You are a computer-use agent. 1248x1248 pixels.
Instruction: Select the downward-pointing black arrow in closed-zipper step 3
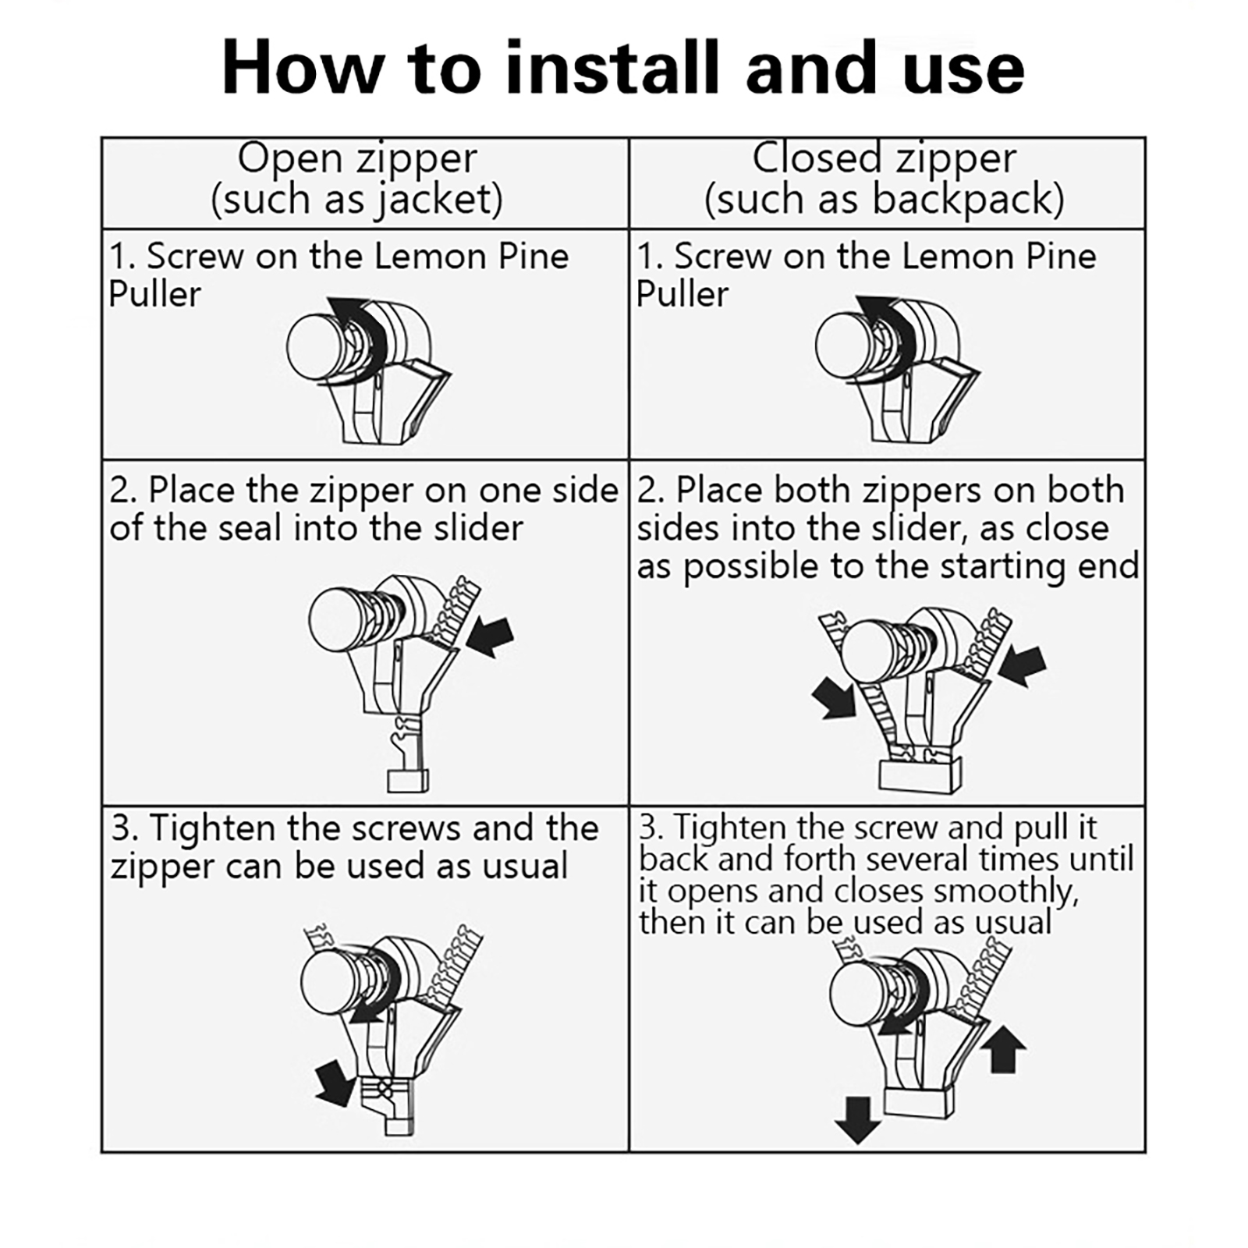click(857, 1120)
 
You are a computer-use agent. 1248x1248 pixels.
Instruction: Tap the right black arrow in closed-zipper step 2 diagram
click(1022, 665)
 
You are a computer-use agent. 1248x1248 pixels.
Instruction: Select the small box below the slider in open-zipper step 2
click(408, 781)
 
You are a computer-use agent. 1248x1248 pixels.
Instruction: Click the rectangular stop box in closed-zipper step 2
click(920, 777)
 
